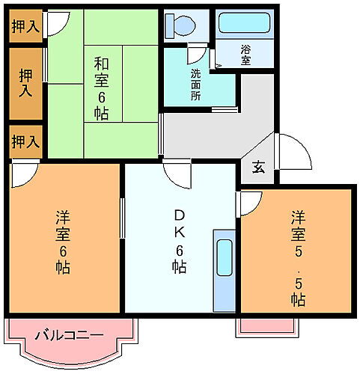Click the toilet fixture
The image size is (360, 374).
coord(180,25)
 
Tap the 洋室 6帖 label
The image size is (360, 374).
coord(62,240)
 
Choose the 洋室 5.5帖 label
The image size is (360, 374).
coord(297,257)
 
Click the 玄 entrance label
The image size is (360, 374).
coord(257,168)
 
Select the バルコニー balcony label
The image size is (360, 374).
coord(68,334)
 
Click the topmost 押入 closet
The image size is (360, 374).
coord(25,27)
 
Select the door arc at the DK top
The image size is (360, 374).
coord(177,177)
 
